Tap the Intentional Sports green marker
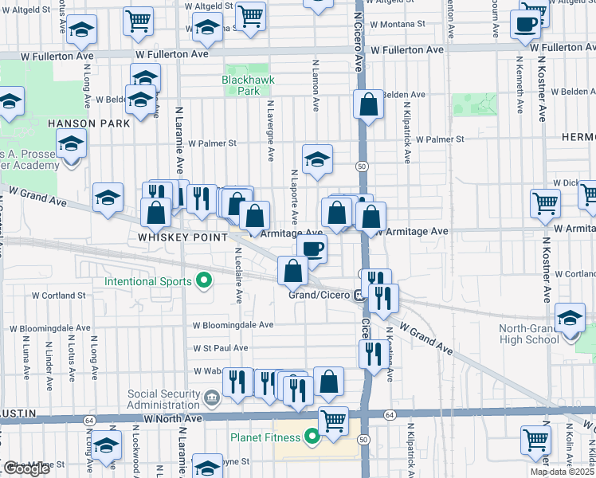[x=204, y=280]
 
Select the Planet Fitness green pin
[x=312, y=436]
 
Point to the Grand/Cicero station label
[x=320, y=296]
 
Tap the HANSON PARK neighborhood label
[x=88, y=123]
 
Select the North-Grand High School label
[x=529, y=334]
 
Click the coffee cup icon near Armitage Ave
[x=312, y=248]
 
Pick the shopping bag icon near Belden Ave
[x=368, y=104]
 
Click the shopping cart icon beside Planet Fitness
[x=333, y=420]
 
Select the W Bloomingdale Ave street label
[x=233, y=325]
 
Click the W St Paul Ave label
[x=221, y=348]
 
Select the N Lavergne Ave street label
[x=270, y=127]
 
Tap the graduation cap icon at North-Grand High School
[x=570, y=318]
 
